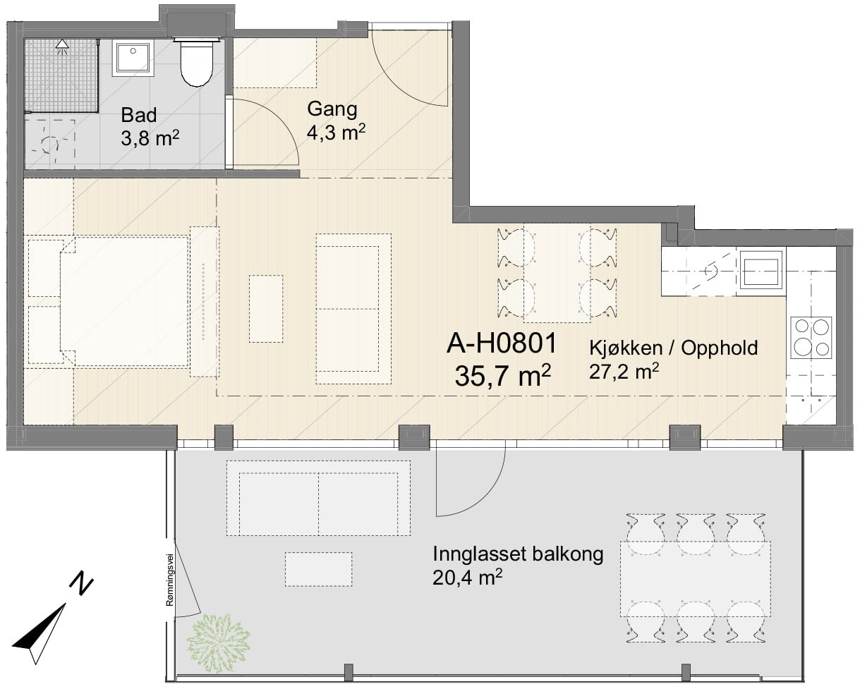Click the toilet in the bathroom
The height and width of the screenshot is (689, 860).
coord(196,62)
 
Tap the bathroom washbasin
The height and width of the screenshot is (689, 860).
coord(133,58)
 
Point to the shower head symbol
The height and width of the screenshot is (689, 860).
coord(62,47)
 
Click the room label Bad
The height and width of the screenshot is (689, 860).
coord(139,115)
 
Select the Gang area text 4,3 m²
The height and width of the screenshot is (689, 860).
coord(336,132)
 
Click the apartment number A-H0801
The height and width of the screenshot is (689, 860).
coord(502,343)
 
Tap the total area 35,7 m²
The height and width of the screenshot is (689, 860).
coord(503,375)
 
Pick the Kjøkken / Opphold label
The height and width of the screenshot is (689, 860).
coord(673,348)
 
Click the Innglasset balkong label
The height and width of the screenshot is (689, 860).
coord(518,554)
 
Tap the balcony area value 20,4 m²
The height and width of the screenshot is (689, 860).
coord(467,577)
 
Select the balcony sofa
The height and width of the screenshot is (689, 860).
coord(318,498)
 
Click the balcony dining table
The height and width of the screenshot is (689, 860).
coord(696,579)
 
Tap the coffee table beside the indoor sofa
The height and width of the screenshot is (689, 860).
coord(266,308)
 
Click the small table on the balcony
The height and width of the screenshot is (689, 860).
coord(318,569)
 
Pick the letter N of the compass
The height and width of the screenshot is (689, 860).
coord(81,585)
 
